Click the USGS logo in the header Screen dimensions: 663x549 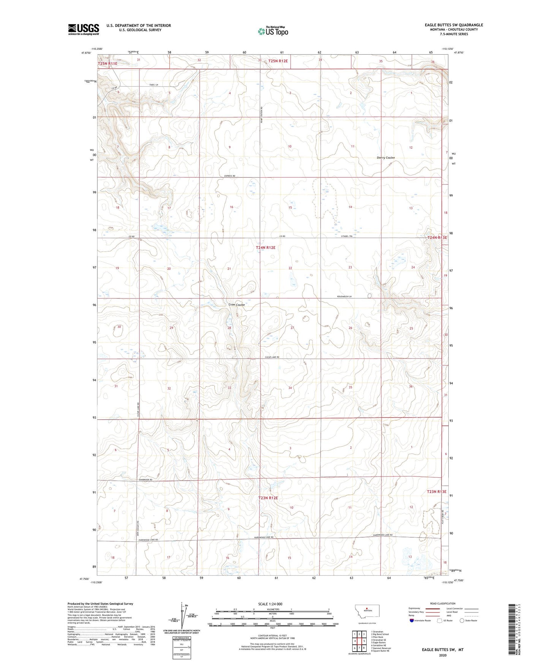[83, 29]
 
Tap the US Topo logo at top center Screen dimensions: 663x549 [273, 31]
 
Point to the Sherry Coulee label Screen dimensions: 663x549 [386, 158]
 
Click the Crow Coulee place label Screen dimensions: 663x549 [236, 305]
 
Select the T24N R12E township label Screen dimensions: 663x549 [266, 248]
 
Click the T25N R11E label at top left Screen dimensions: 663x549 [108, 64]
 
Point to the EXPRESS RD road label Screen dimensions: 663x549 [229, 176]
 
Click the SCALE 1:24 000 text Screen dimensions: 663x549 [270, 604]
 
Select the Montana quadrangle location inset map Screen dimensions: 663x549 [367, 611]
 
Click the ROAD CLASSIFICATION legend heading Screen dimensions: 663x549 [443, 603]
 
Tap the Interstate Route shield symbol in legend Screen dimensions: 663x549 [411, 620]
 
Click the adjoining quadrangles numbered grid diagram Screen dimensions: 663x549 [359, 642]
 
